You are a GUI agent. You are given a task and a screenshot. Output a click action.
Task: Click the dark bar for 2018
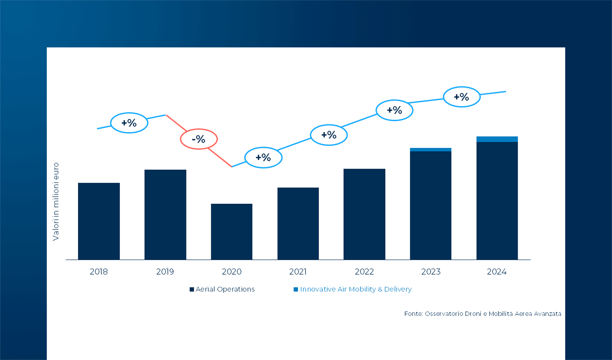[99, 221]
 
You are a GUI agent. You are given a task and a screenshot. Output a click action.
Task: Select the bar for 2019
[165, 214]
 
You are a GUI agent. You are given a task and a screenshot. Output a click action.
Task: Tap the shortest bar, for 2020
[232, 232]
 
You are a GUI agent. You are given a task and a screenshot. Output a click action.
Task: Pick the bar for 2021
[298, 223]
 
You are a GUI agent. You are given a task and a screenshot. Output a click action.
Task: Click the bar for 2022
[364, 214]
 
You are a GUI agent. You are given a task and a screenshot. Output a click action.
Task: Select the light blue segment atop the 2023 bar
[430, 150]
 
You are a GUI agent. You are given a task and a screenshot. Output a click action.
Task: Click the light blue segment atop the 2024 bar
[497, 139]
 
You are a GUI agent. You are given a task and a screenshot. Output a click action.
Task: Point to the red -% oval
[199, 139]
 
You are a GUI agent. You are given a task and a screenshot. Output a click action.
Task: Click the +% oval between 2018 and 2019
[129, 123]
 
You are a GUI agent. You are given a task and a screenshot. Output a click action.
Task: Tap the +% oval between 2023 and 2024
[461, 97]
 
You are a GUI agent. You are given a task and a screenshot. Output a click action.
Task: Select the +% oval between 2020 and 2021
[263, 157]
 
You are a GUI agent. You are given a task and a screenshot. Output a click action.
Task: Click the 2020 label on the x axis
[232, 271]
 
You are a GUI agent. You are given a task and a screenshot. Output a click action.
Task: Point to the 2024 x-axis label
[496, 271]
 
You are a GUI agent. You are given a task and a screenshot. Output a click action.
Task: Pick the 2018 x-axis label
[99, 271]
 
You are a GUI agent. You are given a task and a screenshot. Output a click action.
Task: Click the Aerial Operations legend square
[192, 289]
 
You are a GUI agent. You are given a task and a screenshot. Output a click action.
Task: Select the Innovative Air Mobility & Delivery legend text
[356, 289]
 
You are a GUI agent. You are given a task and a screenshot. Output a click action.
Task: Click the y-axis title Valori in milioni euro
[56, 201]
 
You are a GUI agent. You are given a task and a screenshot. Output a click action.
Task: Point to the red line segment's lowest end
[231, 166]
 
